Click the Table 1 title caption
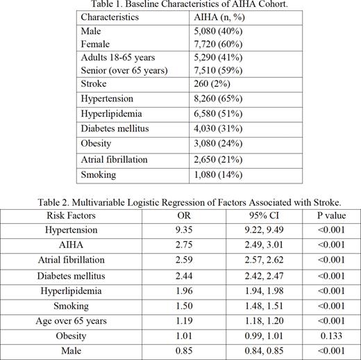[180, 5]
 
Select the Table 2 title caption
[180, 202]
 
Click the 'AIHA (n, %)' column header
[215, 16]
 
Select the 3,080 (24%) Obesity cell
[216, 144]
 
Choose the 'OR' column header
[180, 215]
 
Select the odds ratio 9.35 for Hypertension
[180, 230]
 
